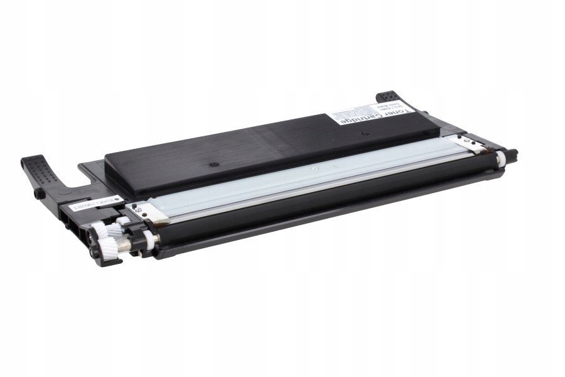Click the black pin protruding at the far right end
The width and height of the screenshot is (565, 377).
[x=514, y=152]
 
